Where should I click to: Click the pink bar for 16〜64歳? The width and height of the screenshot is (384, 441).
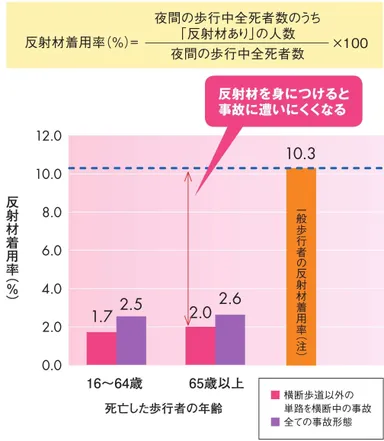pyautogui.click(x=101, y=347)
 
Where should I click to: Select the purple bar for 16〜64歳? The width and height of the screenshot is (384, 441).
pyautogui.click(x=131, y=340)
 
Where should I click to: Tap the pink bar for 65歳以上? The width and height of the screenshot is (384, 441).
pyautogui.click(x=200, y=345)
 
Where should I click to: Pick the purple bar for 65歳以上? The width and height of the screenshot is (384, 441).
pyautogui.click(x=229, y=339)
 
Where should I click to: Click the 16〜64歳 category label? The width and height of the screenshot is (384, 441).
pyautogui.click(x=116, y=384)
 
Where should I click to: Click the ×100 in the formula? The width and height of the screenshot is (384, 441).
pyautogui.click(x=351, y=43)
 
